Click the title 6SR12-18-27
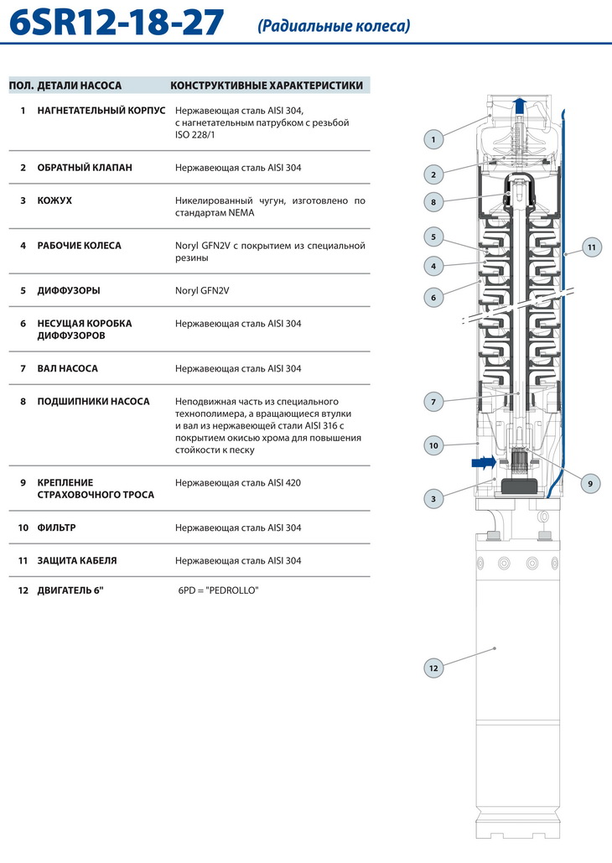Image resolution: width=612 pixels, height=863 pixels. (x=117, y=23)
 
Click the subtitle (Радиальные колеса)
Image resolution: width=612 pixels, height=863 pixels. (x=335, y=26)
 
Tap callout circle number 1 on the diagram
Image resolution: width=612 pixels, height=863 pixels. (x=433, y=139)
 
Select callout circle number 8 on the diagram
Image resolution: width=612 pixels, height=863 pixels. (x=433, y=201)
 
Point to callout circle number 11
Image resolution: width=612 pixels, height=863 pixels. (x=592, y=247)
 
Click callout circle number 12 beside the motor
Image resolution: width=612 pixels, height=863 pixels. (x=433, y=668)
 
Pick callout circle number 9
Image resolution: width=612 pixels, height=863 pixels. (x=590, y=483)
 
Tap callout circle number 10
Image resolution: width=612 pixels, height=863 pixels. (x=433, y=446)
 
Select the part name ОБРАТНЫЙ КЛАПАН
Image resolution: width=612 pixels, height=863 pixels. (x=85, y=168)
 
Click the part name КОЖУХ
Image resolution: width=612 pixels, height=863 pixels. (x=54, y=201)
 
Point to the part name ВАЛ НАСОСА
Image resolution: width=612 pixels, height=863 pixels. (x=68, y=368)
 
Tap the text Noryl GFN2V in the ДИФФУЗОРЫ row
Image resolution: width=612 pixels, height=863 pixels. (x=202, y=291)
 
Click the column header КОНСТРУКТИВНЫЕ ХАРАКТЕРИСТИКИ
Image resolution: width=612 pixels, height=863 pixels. (x=267, y=86)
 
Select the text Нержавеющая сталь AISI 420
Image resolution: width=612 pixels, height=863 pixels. (x=238, y=483)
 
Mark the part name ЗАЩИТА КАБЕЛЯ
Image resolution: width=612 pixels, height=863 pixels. (x=77, y=561)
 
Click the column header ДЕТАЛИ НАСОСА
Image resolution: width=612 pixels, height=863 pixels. (x=80, y=86)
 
